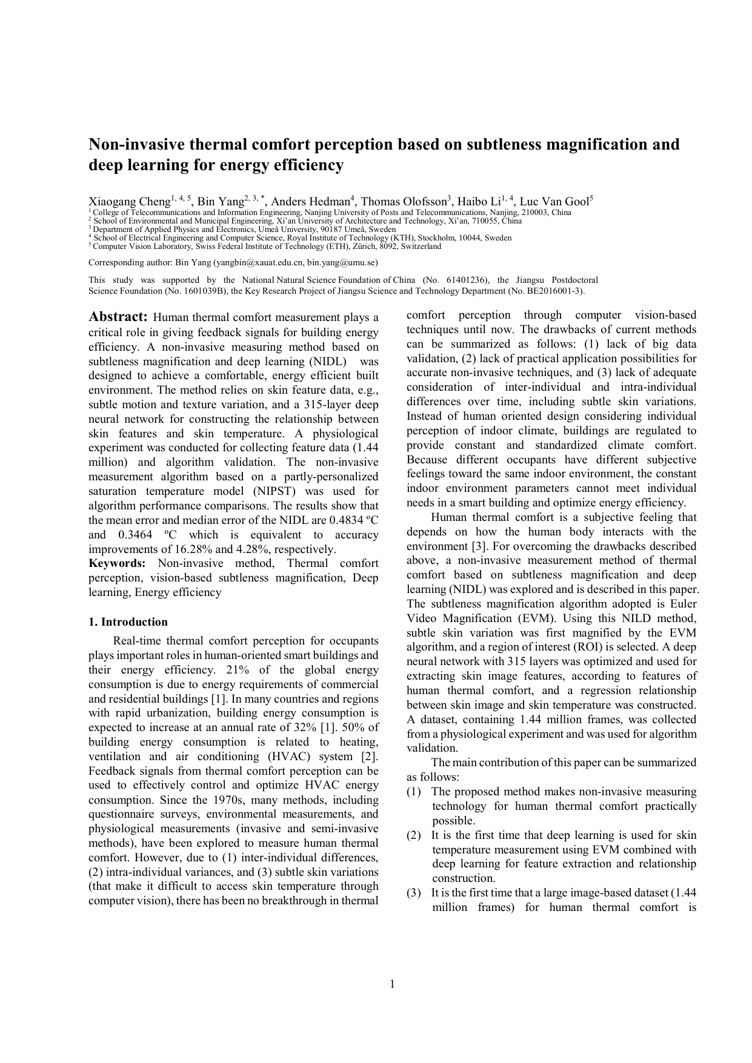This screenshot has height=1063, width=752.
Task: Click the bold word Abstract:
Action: point(118,317)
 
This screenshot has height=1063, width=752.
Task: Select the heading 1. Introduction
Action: point(128,622)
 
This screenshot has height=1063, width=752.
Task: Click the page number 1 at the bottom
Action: point(392,984)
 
